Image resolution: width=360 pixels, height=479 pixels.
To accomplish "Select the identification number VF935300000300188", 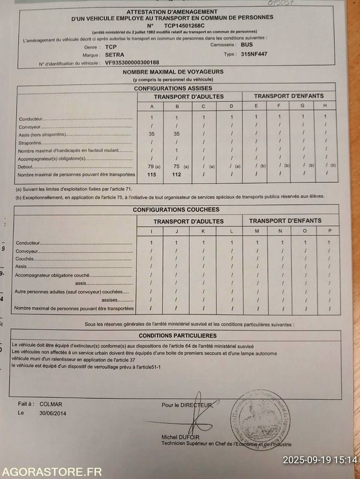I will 132,62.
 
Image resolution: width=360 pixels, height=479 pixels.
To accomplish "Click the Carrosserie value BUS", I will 246,44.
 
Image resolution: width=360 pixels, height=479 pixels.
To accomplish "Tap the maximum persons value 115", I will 152,174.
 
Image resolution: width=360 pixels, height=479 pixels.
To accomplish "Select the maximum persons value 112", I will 176,174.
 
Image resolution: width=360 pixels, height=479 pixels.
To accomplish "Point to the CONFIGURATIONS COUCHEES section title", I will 176,210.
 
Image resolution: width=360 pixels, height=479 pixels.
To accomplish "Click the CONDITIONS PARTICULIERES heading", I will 177,336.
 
